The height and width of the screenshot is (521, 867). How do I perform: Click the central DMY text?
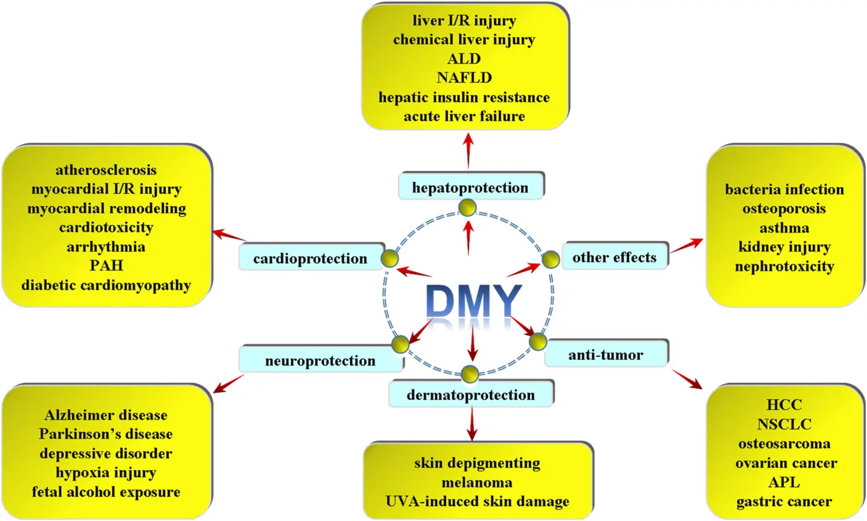pyautogui.click(x=473, y=301)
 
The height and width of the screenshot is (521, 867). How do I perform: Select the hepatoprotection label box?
pyautogui.click(x=470, y=187)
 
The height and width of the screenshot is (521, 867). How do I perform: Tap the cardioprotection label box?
pyautogui.click(x=310, y=258)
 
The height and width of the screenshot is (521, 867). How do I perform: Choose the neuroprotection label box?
pyautogui.click(x=320, y=360)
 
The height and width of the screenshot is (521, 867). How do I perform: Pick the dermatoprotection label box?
pyautogui.click(x=470, y=394)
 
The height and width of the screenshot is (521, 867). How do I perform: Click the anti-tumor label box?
pyautogui.click(x=606, y=354)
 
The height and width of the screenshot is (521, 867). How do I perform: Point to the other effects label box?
pyautogui.click(x=614, y=257)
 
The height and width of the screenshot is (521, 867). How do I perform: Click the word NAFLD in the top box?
pyautogui.click(x=464, y=77)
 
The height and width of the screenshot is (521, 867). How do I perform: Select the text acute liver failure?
pyautogui.click(x=464, y=116)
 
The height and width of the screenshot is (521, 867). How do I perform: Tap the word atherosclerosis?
pyautogui.click(x=106, y=169)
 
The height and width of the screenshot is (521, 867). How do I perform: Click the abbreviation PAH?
pyautogui.click(x=106, y=265)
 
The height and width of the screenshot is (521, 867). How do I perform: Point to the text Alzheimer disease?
pyautogui.click(x=106, y=415)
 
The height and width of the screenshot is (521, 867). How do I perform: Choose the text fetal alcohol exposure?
pyautogui.click(x=106, y=492)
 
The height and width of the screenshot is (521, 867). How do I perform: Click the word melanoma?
pyautogui.click(x=477, y=482)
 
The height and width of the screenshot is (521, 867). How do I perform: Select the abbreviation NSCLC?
pyautogui.click(x=784, y=424)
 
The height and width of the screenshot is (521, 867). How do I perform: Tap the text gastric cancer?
pyautogui.click(x=784, y=501)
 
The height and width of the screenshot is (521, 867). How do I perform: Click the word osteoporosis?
pyautogui.click(x=784, y=208)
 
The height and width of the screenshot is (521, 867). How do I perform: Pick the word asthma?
pyautogui.click(x=784, y=228)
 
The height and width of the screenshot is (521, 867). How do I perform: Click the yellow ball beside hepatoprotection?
pyautogui.click(x=467, y=207)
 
